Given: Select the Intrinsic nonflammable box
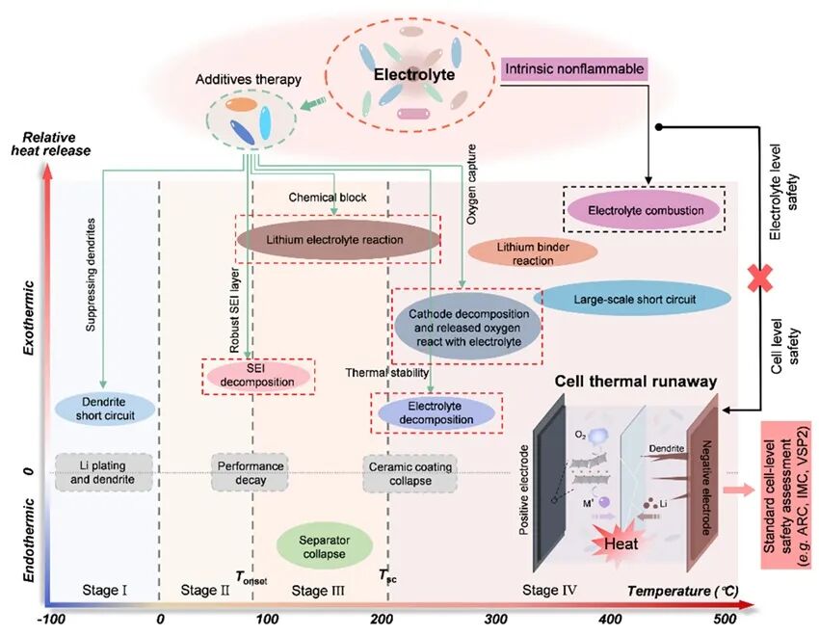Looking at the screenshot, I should (x=573, y=68).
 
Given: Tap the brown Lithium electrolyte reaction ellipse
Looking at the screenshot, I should (x=335, y=238).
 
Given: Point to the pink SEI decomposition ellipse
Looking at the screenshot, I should (x=257, y=375).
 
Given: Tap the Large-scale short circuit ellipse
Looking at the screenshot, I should (x=633, y=300).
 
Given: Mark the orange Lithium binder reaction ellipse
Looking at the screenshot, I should (x=533, y=253).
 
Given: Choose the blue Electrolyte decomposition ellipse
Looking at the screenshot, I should (x=436, y=412).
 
